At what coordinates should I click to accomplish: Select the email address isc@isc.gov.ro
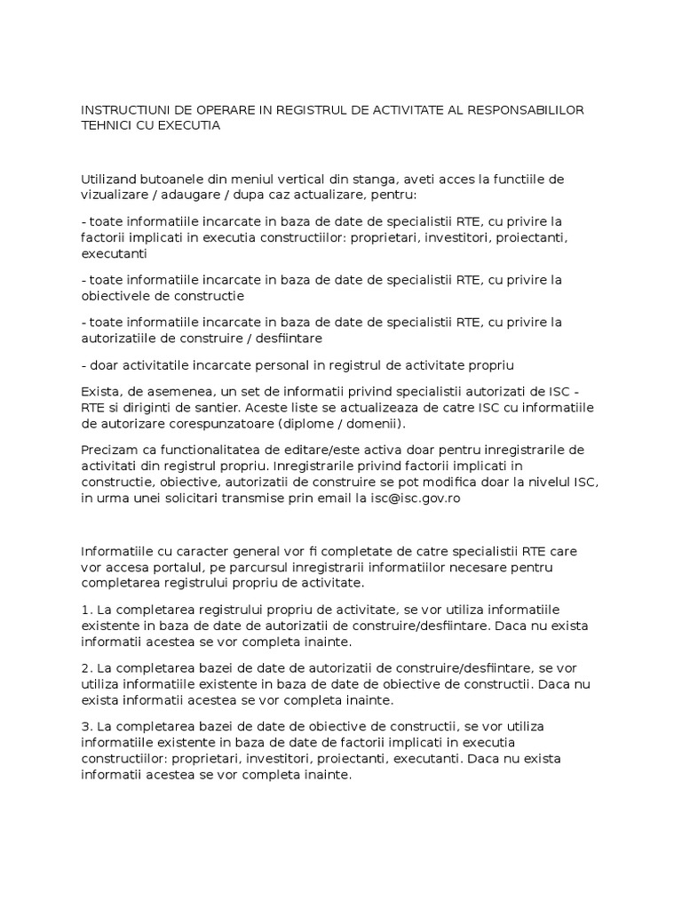[x=408, y=499]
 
